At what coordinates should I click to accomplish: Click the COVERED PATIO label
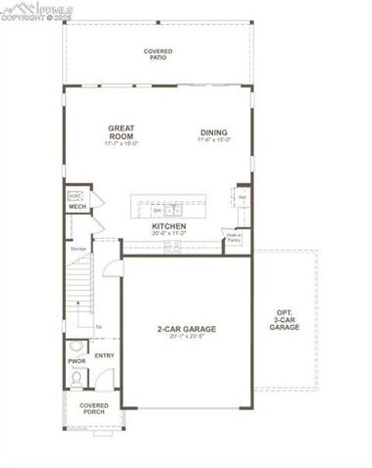click(158, 54)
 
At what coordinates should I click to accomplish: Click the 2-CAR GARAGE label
click(187, 329)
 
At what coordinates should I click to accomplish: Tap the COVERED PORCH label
click(94, 408)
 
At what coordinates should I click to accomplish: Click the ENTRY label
click(104, 355)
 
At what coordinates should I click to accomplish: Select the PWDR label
click(77, 362)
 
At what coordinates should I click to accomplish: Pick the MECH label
click(77, 206)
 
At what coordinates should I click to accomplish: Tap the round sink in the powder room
click(75, 347)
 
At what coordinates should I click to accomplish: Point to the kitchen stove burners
click(171, 247)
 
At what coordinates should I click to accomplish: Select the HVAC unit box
click(75, 196)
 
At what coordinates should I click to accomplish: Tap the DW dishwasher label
click(157, 210)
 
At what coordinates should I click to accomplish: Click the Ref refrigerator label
click(241, 197)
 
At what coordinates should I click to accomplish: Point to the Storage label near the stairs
click(77, 248)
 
